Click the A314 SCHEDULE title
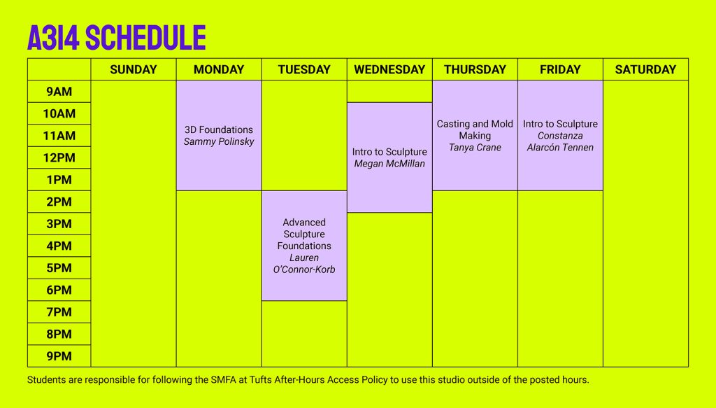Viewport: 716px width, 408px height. click(x=117, y=38)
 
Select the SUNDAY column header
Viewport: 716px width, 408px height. click(x=134, y=69)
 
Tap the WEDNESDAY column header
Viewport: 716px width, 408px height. click(x=389, y=69)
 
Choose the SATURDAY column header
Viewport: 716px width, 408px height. click(x=645, y=69)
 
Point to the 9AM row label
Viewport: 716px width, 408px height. click(x=59, y=92)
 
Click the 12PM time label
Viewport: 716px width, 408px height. click(x=59, y=157)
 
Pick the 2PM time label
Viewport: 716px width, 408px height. click(x=59, y=202)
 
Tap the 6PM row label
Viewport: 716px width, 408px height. click(x=59, y=290)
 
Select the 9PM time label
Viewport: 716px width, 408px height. click(x=59, y=356)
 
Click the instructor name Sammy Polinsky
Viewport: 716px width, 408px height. click(x=219, y=141)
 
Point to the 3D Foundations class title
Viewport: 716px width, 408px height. click(x=219, y=129)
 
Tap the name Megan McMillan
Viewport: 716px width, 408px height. click(x=389, y=164)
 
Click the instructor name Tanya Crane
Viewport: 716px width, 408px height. click(x=475, y=148)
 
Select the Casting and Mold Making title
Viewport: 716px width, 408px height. click(x=475, y=129)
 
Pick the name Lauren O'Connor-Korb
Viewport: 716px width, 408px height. click(x=304, y=264)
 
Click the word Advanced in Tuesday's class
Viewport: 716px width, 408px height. click(x=304, y=223)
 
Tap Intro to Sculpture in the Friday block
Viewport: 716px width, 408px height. click(x=560, y=124)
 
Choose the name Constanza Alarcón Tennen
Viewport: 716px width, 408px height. click(x=560, y=141)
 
